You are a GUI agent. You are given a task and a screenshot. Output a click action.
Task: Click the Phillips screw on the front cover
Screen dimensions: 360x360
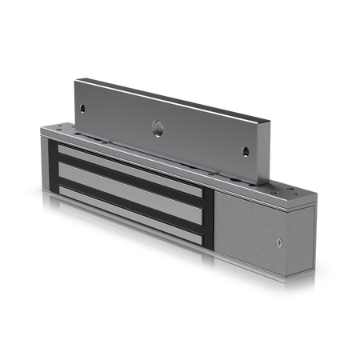[278, 243]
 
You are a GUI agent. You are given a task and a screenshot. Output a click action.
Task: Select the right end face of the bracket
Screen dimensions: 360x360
[267, 152]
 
